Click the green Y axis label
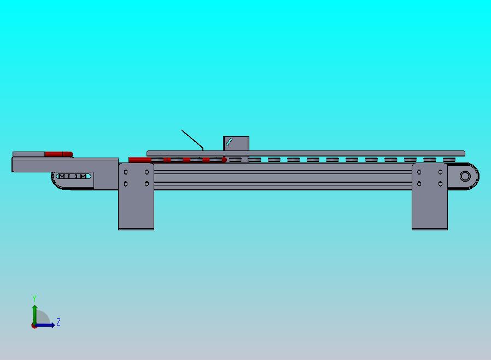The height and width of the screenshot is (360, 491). (x=34, y=298)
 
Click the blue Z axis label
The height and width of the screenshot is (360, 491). (x=59, y=322)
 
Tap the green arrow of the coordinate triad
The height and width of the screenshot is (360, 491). (x=35, y=315)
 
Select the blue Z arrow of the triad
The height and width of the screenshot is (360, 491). (x=45, y=325)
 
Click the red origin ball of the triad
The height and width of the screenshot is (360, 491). (x=34, y=326)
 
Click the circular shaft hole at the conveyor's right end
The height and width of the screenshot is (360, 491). (x=465, y=176)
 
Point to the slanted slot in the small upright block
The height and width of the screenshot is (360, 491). (x=229, y=142)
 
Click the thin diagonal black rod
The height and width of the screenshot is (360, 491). (x=192, y=140)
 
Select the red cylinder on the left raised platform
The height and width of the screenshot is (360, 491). (x=59, y=154)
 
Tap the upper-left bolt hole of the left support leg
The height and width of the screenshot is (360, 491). (x=126, y=172)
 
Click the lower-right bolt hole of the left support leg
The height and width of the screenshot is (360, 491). (x=147, y=184)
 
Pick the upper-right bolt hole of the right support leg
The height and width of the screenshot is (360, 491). (x=440, y=172)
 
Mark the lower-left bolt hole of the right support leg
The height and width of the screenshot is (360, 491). (x=419, y=184)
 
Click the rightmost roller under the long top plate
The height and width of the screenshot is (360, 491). (x=449, y=160)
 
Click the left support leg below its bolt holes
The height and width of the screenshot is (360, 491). (x=136, y=208)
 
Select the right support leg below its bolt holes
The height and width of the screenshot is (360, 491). (x=430, y=208)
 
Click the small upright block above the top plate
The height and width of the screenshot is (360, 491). (x=236, y=143)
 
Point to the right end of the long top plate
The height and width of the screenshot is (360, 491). (x=465, y=153)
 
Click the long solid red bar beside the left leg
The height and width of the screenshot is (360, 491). (x=140, y=160)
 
